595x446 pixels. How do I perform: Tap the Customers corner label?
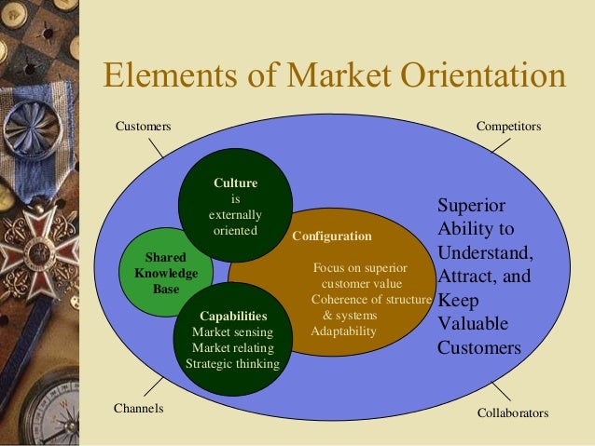[142, 125]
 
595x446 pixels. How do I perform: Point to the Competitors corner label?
[508, 125]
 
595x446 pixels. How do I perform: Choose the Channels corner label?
[138, 408]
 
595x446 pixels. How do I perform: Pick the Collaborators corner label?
[513, 412]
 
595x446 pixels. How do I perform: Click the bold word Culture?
[235, 183]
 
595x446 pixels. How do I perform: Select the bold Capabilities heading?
[232, 316]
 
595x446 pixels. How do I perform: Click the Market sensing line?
[232, 331]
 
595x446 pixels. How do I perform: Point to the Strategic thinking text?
[232, 363]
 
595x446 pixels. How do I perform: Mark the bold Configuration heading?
[332, 237]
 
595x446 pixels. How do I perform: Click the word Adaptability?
[344, 331]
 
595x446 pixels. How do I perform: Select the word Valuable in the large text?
[473, 324]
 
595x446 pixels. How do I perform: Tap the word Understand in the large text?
[484, 252]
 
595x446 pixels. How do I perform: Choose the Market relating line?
[232, 347]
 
